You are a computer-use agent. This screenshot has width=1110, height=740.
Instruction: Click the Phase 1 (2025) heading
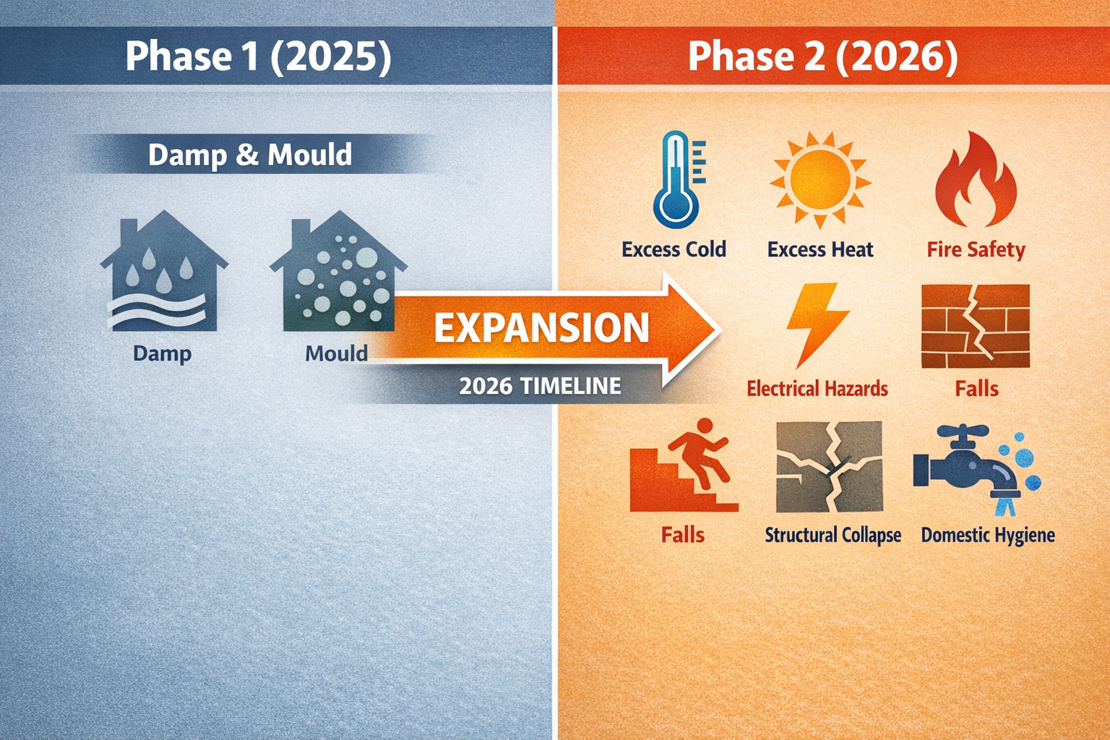[258, 56]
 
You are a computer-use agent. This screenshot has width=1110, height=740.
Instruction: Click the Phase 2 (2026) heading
[822, 56]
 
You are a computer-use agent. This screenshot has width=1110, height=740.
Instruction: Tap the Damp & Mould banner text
[250, 155]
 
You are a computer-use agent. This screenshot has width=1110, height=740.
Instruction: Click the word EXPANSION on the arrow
[541, 327]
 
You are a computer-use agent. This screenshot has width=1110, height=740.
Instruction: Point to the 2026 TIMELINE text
[540, 386]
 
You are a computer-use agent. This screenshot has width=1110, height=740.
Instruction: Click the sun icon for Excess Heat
[819, 179]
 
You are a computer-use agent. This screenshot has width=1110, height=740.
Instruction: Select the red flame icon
[976, 181]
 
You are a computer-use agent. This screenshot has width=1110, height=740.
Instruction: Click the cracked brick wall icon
[976, 326]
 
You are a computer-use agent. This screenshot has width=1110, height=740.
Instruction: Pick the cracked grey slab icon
[829, 467]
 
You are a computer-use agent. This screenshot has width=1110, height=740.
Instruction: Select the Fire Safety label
[976, 250]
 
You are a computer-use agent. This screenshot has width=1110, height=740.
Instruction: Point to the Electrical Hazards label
[817, 389]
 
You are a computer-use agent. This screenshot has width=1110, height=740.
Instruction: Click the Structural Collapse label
[832, 535]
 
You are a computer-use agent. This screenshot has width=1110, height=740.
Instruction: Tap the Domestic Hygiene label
[987, 535]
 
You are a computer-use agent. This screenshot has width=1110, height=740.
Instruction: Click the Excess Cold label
[674, 250]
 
